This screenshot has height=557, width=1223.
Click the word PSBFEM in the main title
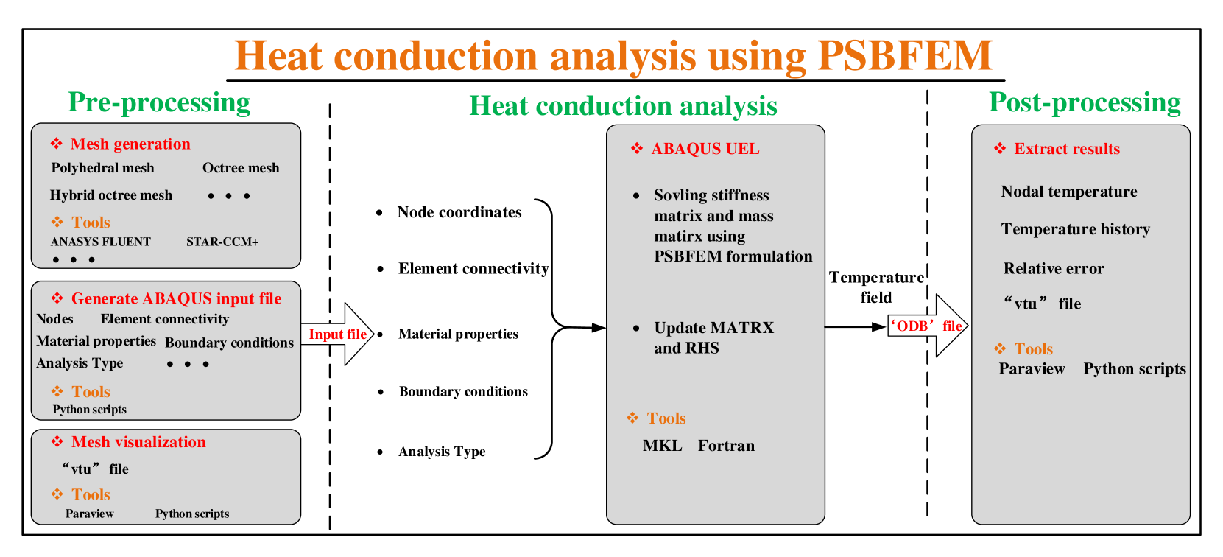(x=905, y=55)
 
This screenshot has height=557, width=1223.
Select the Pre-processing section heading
(x=159, y=102)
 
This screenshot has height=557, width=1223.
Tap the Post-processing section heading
(x=1085, y=102)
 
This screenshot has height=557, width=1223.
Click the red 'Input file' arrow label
(x=337, y=334)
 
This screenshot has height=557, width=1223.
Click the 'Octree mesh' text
(x=241, y=168)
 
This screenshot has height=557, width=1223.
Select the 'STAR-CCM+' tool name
(x=222, y=242)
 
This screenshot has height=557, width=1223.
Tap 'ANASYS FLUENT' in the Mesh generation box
(x=100, y=242)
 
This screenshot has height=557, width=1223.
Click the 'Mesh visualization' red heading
(x=138, y=442)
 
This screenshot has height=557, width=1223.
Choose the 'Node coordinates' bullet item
(x=459, y=212)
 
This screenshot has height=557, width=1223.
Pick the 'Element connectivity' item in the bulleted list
(x=473, y=268)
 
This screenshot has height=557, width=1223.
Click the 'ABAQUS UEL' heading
(x=705, y=149)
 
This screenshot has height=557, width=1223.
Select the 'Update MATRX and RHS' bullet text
(x=713, y=337)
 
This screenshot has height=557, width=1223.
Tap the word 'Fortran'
(x=726, y=446)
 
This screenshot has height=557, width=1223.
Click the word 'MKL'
(x=662, y=446)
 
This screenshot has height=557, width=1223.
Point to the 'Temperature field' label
(x=876, y=287)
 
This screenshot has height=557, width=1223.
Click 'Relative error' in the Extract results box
(x=1054, y=268)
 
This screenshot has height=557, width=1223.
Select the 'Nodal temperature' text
(x=1069, y=192)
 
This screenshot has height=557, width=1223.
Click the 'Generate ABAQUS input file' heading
(x=177, y=298)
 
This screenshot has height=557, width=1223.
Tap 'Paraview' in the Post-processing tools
(x=1032, y=368)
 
